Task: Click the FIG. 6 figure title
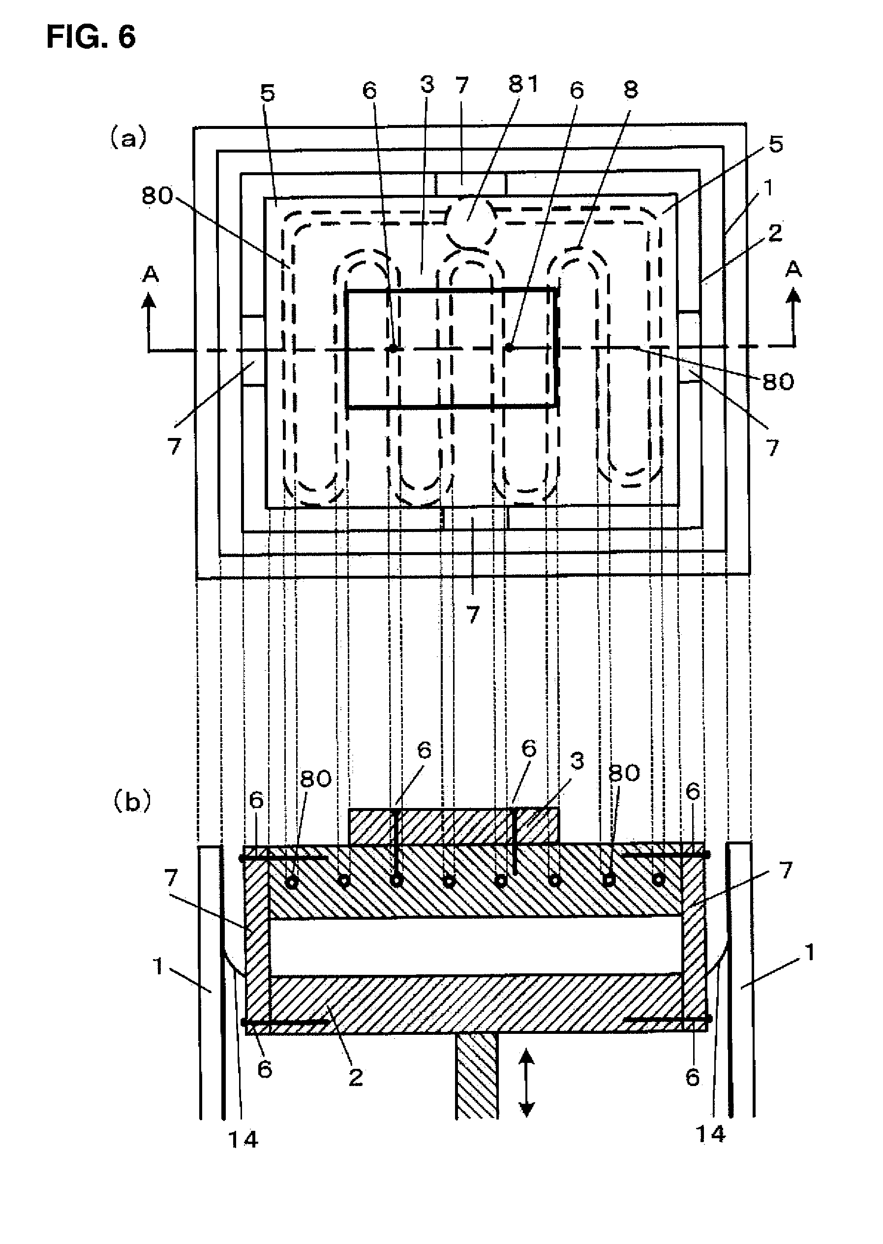pyautogui.click(x=91, y=37)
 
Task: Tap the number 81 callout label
pyautogui.click(x=523, y=84)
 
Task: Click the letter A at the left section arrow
pyautogui.click(x=150, y=274)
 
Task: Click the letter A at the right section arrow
pyautogui.click(x=794, y=268)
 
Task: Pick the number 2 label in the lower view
pyautogui.click(x=356, y=1077)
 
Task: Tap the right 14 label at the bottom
pyautogui.click(x=710, y=1134)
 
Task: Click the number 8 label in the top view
pyautogui.click(x=630, y=90)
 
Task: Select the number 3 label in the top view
pyautogui.click(x=427, y=85)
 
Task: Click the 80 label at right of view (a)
pyautogui.click(x=778, y=382)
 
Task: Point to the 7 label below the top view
pyautogui.click(x=473, y=615)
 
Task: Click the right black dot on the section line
pyautogui.click(x=509, y=346)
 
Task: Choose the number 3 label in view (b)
pyautogui.click(x=577, y=761)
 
